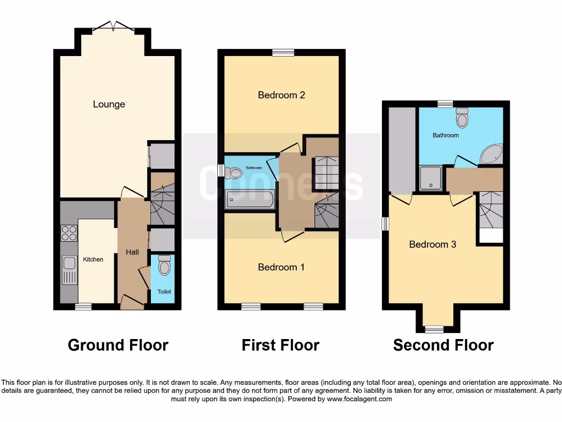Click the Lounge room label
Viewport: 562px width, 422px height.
109,104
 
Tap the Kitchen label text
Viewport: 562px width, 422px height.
93,259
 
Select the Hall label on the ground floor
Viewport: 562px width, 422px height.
132,252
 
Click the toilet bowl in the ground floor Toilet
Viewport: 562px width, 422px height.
164,266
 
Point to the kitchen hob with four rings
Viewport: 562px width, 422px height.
69,234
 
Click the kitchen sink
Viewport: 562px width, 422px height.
69,270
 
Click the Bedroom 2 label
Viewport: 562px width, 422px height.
282,95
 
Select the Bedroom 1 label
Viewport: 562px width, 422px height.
282,267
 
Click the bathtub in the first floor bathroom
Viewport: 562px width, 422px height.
249,199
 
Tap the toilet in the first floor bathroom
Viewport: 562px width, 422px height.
234,173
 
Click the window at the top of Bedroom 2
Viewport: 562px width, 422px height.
283,53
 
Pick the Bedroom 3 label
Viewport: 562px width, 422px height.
432,244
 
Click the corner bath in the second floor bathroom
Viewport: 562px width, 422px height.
491,155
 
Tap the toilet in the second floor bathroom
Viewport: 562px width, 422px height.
462,118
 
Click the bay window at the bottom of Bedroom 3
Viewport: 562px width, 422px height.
434,329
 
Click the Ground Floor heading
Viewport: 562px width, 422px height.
118,345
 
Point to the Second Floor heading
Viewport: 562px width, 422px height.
443,345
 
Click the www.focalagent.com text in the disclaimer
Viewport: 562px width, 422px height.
359,399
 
